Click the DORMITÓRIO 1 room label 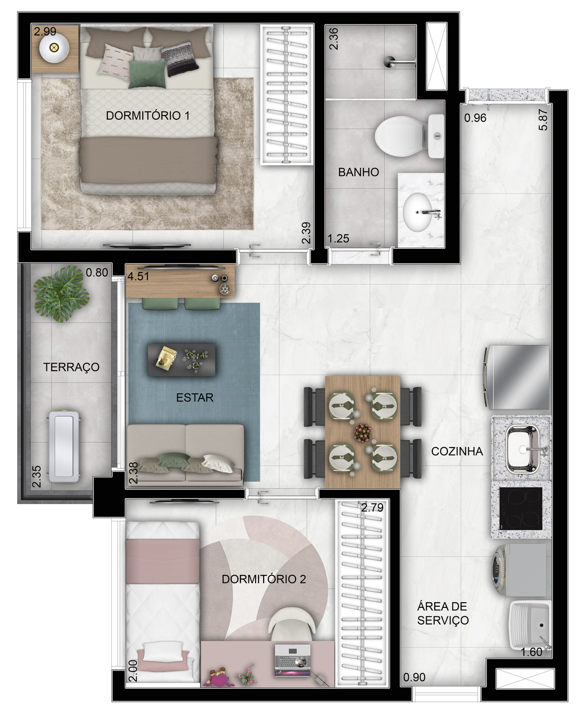(x=148, y=116)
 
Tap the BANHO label (x=358, y=172)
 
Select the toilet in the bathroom (x=409, y=136)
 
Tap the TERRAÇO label (x=71, y=367)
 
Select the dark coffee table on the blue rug (x=182, y=360)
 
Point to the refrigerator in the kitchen (x=516, y=377)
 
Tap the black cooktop (x=521, y=509)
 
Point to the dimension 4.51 (x=138, y=276)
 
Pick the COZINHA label (x=457, y=452)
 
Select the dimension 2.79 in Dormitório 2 (x=372, y=508)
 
